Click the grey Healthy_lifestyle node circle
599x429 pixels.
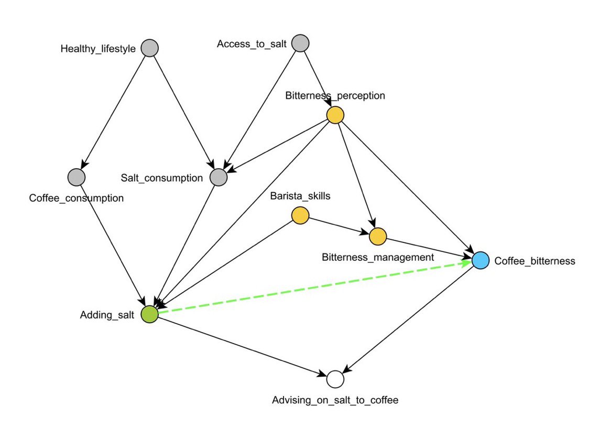click(x=150, y=48)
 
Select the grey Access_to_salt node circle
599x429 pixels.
click(x=300, y=43)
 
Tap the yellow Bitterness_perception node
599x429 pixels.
click(x=335, y=115)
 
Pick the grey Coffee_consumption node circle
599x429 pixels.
click(x=77, y=178)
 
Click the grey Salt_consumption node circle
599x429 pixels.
click(x=219, y=178)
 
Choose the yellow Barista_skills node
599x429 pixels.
click(x=300, y=215)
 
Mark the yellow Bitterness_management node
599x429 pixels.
click(x=377, y=237)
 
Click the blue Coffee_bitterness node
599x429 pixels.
click(x=480, y=260)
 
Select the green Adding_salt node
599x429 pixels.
click(x=150, y=314)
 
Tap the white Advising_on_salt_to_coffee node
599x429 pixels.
click(x=335, y=378)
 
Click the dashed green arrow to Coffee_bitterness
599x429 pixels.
click(x=314, y=287)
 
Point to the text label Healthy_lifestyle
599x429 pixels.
click(x=98, y=49)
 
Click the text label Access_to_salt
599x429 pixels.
click(x=252, y=44)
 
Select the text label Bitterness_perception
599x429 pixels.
click(x=335, y=95)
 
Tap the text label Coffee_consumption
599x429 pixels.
click(x=77, y=198)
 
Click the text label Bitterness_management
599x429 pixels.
click(x=378, y=257)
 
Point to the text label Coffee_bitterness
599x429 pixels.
click(x=535, y=261)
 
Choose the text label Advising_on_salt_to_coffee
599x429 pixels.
click(x=335, y=400)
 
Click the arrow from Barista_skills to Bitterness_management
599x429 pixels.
click(x=339, y=226)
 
